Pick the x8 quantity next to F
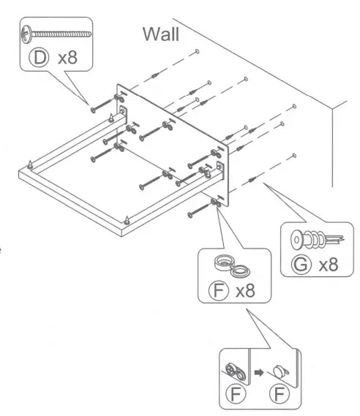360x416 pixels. pyautogui.click(x=247, y=292)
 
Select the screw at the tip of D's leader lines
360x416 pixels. pyautogui.click(x=94, y=110)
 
